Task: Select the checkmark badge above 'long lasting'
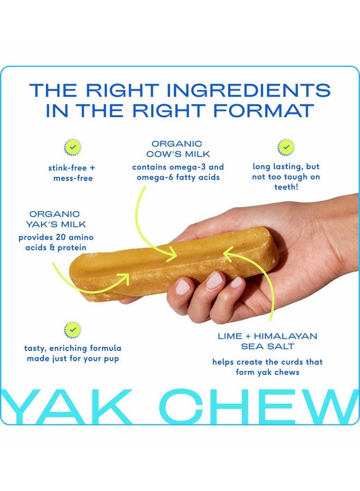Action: pyautogui.click(x=285, y=147)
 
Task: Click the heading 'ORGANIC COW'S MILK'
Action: pyautogui.click(x=178, y=148)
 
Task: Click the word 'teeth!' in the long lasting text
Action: pyautogui.click(x=286, y=187)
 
